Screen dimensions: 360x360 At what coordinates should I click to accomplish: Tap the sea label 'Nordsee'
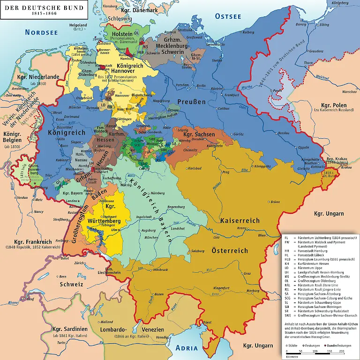coord(41,32)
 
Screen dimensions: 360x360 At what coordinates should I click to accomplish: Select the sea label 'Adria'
coord(187,348)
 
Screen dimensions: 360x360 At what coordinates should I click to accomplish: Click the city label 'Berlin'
coord(202,86)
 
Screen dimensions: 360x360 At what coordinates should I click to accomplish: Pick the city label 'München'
coord(151,238)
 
